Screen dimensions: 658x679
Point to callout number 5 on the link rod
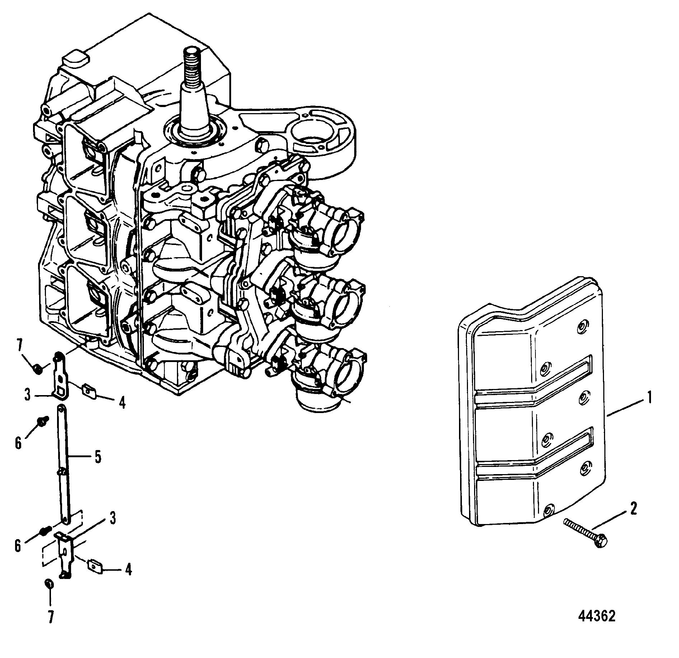[98, 457]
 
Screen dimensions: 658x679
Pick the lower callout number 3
[112, 518]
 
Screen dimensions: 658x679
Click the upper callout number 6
[18, 442]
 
